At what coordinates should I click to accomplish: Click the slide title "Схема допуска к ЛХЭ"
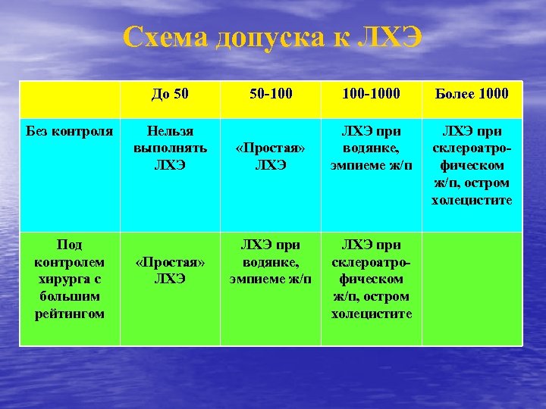click(x=272, y=37)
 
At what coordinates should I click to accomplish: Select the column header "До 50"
click(x=170, y=94)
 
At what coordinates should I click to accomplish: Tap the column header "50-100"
click(x=271, y=94)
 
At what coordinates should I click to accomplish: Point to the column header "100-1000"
click(x=372, y=94)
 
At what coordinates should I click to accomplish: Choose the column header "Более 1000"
click(x=472, y=94)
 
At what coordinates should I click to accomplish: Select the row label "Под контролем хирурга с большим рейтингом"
click(x=70, y=279)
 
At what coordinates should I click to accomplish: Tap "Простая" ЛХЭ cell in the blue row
click(x=271, y=155)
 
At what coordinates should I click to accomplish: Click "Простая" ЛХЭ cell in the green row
click(x=170, y=270)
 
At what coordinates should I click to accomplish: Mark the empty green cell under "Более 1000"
click(x=472, y=288)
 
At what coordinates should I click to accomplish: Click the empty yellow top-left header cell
click(x=70, y=98)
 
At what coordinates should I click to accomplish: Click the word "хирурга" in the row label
click(x=70, y=279)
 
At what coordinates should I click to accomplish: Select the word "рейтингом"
click(x=70, y=314)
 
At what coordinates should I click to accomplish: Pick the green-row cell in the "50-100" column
click(x=271, y=262)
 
